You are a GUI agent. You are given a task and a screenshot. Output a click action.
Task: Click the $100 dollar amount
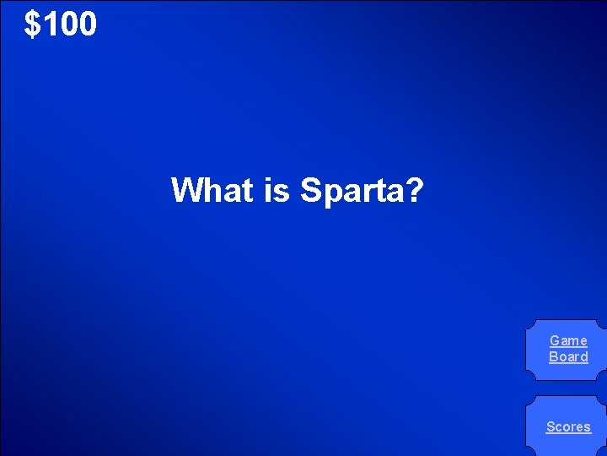[61, 24]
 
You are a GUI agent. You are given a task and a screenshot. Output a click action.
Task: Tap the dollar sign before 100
[33, 24]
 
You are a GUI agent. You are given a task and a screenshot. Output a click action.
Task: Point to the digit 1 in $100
[49, 24]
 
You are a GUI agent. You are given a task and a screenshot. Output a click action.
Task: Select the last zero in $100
[87, 24]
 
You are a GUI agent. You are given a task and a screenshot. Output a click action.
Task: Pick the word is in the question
[277, 190]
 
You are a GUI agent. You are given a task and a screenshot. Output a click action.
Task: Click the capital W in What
[186, 190]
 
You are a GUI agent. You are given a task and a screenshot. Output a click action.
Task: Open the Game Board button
[568, 349]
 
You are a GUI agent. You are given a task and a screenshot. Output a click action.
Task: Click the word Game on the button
[568, 341]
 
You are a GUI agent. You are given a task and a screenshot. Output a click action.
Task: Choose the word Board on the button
[568, 356]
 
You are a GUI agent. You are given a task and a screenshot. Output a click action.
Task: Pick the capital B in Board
[553, 356]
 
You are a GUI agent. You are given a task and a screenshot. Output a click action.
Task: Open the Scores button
[568, 426]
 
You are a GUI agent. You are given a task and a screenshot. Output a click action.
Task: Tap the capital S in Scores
[551, 426]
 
